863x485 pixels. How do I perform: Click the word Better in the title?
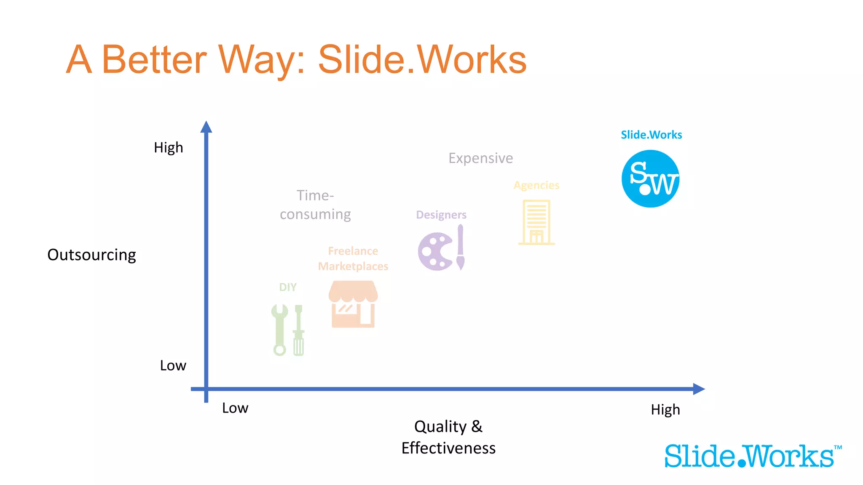tap(154, 60)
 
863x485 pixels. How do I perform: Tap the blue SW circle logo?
tap(650, 179)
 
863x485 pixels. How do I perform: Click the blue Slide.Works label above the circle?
tap(651, 135)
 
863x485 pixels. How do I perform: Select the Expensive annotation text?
tap(480, 158)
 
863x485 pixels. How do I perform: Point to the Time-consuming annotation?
tap(315, 205)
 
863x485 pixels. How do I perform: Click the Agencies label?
tap(536, 185)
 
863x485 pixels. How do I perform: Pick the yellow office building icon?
tap(536, 222)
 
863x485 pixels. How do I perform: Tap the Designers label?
tap(441, 215)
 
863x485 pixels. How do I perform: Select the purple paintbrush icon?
tap(460, 247)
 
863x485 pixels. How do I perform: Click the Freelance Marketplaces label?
tap(353, 258)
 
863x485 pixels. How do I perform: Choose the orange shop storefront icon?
tap(353, 304)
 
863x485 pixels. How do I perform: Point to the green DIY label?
tap(288, 287)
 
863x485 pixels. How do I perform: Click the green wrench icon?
tap(279, 330)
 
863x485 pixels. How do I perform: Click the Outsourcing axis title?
tap(91, 255)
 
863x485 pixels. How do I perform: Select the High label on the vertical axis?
tap(168, 148)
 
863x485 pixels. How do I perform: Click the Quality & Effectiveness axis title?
tap(448, 437)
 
